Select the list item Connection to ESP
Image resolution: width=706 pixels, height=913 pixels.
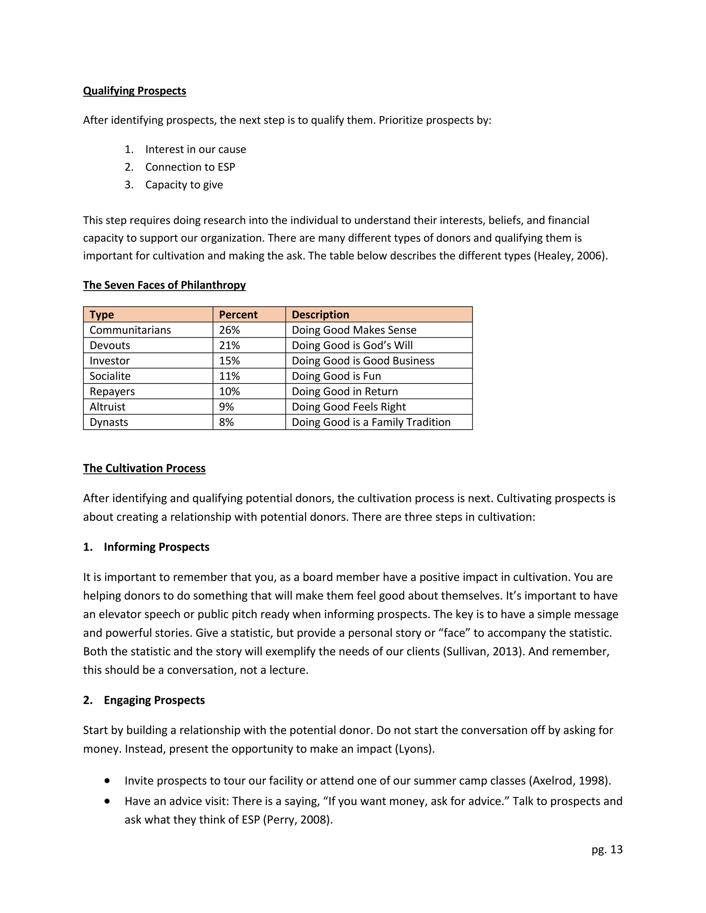click(190, 167)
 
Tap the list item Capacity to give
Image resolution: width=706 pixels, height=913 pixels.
click(184, 184)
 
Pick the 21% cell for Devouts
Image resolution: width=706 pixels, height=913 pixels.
click(229, 345)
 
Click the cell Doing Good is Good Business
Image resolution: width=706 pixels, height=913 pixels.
click(363, 360)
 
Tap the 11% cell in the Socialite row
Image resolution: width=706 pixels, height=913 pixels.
click(229, 376)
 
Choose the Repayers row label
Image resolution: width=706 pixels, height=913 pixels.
click(112, 391)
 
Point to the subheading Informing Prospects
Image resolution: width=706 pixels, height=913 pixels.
click(157, 547)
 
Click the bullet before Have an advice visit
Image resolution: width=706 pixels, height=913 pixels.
click(108, 801)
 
